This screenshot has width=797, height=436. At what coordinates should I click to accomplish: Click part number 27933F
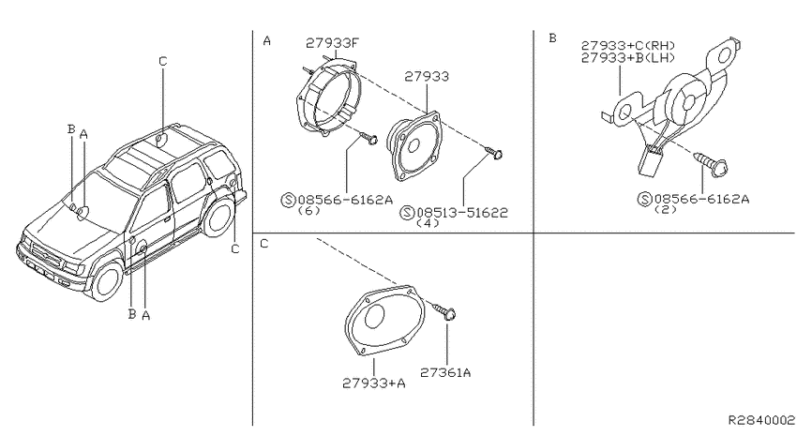point(332,43)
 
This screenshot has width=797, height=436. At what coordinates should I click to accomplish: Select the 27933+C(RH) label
point(628,46)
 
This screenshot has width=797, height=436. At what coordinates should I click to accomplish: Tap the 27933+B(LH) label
point(628,58)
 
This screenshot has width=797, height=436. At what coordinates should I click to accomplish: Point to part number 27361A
point(445,372)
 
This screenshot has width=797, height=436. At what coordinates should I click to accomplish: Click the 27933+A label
point(373,383)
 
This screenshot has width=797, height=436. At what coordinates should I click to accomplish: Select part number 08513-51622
point(462,213)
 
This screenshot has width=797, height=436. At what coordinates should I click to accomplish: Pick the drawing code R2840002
point(761,420)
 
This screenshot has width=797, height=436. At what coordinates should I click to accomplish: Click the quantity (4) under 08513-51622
point(427,223)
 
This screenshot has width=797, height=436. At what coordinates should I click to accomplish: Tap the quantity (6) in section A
point(308,210)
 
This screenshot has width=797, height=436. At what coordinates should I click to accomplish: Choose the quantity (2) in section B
point(666,209)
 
